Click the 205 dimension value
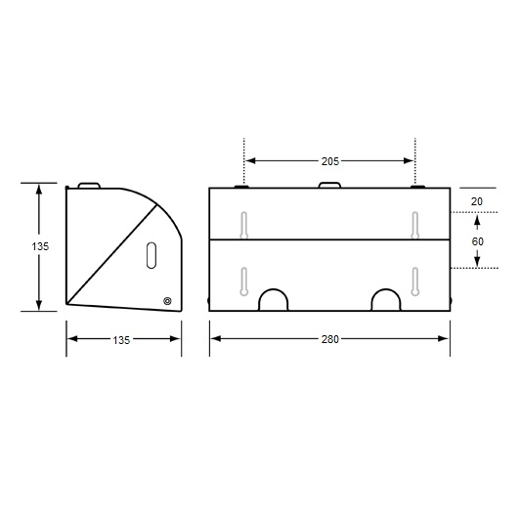pyautogui.click(x=330, y=161)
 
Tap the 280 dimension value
pyautogui.click(x=330, y=339)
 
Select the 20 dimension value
pyautogui.click(x=477, y=201)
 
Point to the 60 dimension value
pyautogui.click(x=477, y=241)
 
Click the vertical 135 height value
pyautogui.click(x=40, y=246)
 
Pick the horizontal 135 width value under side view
pyautogui.click(x=121, y=340)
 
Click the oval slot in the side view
pyautogui.click(x=151, y=255)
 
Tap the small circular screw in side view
pyautogui.click(x=167, y=301)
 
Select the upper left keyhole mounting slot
pyautogui.click(x=244, y=225)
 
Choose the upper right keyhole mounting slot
pyautogui.click(x=415, y=225)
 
